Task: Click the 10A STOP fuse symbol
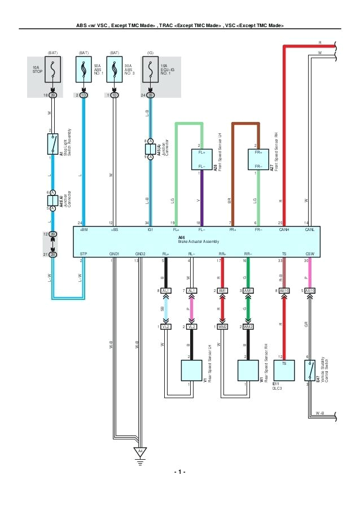52,70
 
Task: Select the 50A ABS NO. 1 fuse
84,70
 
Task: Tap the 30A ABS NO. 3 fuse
115,70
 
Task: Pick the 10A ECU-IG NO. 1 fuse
151,70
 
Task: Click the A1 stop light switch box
52,144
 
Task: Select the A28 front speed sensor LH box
201,159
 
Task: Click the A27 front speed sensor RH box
258,159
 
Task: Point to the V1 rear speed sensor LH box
191,370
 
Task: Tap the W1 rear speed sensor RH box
248,370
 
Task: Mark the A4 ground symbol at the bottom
139,451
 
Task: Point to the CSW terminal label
310,254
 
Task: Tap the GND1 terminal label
115,254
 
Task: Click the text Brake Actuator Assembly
197,242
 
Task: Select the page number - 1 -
179,472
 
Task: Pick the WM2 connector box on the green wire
248,327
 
